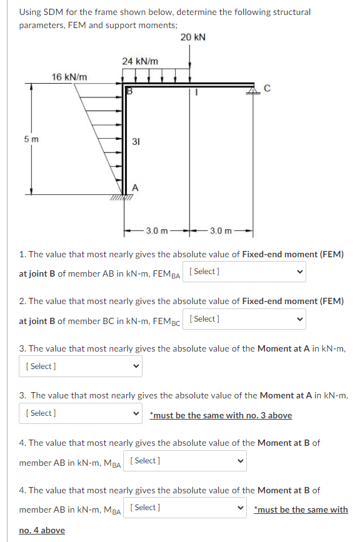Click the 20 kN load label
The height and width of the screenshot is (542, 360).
click(x=192, y=37)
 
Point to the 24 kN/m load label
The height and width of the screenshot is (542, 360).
click(x=139, y=61)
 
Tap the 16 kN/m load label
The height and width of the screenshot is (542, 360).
click(x=69, y=77)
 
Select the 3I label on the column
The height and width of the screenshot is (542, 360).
click(x=135, y=141)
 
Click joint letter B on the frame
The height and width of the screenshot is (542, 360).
click(x=130, y=90)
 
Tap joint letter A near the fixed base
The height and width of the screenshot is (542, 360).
click(x=134, y=187)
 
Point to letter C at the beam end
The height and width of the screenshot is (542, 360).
click(x=267, y=89)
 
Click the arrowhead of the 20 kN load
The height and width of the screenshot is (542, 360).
click(x=190, y=78)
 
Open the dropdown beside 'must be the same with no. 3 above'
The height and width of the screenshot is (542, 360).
click(x=81, y=413)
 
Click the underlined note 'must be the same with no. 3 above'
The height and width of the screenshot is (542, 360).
click(x=221, y=415)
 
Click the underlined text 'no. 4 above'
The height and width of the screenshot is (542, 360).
click(x=42, y=530)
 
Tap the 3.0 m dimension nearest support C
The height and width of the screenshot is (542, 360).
click(x=221, y=231)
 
